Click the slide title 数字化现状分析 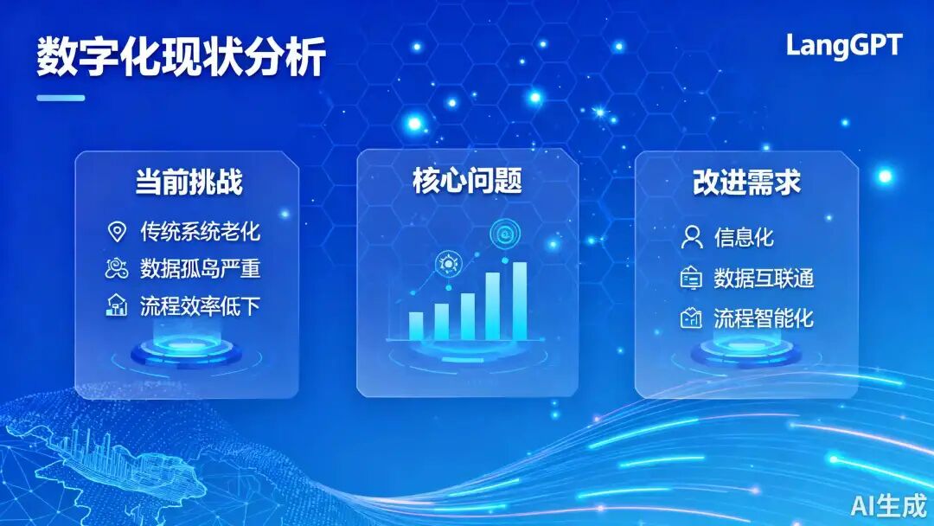click(x=181, y=56)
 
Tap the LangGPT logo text click(x=844, y=46)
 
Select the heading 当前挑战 click(x=189, y=182)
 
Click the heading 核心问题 click(x=468, y=181)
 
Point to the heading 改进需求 click(x=746, y=182)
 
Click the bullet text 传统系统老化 click(x=200, y=231)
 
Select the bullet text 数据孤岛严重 click(x=200, y=269)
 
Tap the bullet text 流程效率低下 click(x=200, y=306)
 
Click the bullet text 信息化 click(x=744, y=237)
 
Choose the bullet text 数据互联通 click(x=764, y=279)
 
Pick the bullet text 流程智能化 click(x=764, y=318)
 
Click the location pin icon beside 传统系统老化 click(x=117, y=232)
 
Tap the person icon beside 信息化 click(x=692, y=237)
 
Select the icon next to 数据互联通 click(x=691, y=279)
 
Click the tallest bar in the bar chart click(x=520, y=301)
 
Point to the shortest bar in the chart click(x=416, y=326)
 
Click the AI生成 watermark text click(x=889, y=506)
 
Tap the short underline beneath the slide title click(x=61, y=98)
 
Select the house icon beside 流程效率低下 click(x=116, y=305)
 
